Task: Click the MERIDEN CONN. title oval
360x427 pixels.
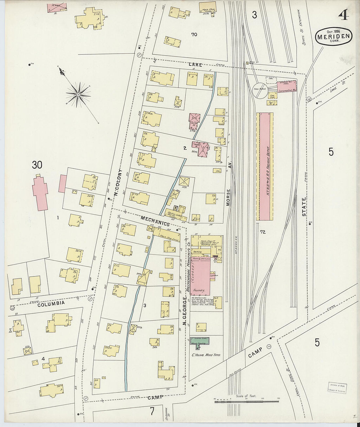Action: [x=334, y=37]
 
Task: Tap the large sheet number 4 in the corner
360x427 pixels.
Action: [x=343, y=15]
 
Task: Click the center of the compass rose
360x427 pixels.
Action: [x=78, y=95]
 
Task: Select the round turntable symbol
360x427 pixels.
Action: [x=260, y=90]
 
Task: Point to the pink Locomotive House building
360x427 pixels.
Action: [x=287, y=86]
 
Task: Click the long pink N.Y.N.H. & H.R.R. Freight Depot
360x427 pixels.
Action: [x=266, y=167]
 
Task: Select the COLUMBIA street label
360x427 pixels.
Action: [x=51, y=303]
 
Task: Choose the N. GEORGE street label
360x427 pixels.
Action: [x=185, y=311]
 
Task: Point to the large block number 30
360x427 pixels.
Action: [x=37, y=165]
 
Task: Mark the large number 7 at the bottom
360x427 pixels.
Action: [x=152, y=411]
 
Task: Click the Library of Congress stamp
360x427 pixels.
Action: [x=338, y=388]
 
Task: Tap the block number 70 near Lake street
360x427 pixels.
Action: [x=194, y=34]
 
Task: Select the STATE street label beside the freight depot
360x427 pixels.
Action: [x=304, y=207]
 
